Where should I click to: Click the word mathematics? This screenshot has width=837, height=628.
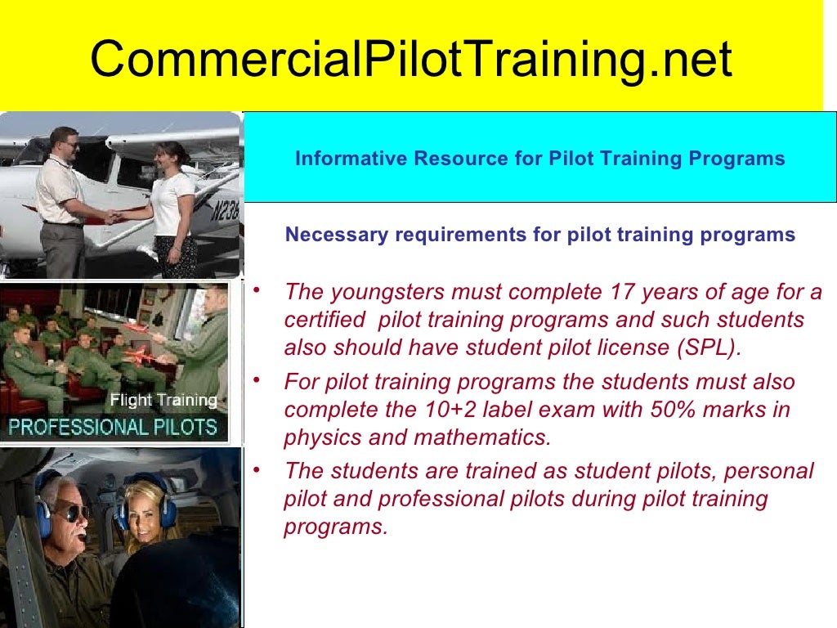click(x=482, y=437)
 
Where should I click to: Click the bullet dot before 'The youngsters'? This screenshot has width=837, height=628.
click(x=257, y=289)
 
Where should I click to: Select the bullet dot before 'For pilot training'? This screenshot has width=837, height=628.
click(x=257, y=380)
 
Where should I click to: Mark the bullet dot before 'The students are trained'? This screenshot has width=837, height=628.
click(x=257, y=469)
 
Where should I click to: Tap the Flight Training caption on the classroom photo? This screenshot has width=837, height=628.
click(x=163, y=401)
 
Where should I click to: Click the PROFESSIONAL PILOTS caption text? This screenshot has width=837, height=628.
click(x=112, y=426)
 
